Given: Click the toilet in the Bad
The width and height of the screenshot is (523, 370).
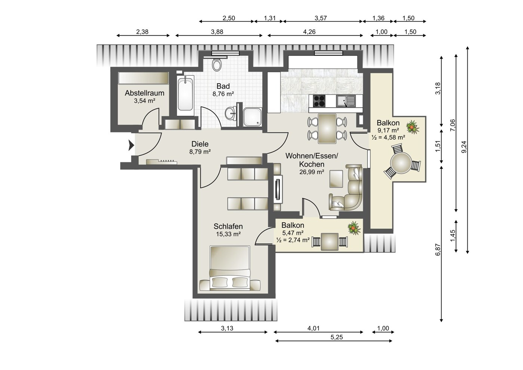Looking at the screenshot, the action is tap(217, 65).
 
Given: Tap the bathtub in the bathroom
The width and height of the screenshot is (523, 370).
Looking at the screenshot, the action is tap(185, 94).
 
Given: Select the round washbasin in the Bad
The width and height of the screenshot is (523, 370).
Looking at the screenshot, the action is tap(231, 113).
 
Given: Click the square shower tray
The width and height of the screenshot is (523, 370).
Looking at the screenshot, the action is tap(252, 117).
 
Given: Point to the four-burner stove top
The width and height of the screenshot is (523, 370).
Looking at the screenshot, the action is tap(319, 101).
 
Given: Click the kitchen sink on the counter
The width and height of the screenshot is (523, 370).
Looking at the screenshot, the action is tap(346, 101).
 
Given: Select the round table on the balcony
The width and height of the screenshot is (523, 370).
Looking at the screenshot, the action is tap(401, 163).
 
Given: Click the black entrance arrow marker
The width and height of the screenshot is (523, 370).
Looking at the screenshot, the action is tap(131, 145).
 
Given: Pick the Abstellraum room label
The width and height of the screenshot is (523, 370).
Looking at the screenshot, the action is tap(144, 93).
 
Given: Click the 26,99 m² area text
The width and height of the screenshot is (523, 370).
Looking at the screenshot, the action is tap(312, 172).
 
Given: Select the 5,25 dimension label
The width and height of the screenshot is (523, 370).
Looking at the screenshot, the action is tap(336, 337).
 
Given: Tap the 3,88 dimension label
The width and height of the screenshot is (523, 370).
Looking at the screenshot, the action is tap(217, 31).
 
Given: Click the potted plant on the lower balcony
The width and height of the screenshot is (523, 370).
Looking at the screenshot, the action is tap(354, 228).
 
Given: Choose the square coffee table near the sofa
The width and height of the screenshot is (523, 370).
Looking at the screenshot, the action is tap(336, 179).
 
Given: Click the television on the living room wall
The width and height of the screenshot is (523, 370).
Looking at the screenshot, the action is tap(278, 189).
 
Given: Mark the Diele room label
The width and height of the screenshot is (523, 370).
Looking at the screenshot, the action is tap(200, 144).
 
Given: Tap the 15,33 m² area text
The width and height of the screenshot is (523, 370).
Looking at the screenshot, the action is tap(228, 234).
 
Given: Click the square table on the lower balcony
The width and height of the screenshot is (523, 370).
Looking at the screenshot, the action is tap(329, 242).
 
